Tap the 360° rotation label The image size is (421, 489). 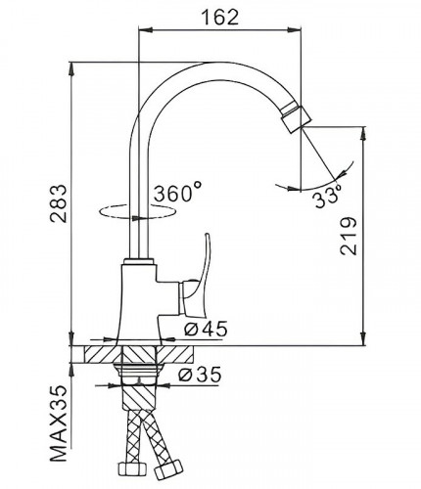[x=177, y=194]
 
